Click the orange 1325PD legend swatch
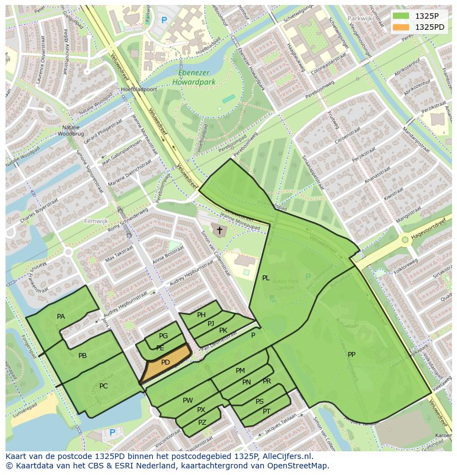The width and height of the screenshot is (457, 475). pos(401,27)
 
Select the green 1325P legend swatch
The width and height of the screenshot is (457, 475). pos(401,16)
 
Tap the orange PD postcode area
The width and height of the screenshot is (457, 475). pos(165,362)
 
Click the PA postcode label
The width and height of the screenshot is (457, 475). pos(61,317)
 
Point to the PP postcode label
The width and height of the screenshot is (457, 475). pos(352,355)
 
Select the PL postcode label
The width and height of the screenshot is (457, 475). pos(265,278)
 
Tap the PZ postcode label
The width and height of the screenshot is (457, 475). pos(202,423)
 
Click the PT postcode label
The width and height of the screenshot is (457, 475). pos(267,412)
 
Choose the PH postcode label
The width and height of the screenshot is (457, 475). pos(201,315)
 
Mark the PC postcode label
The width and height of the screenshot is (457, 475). pos(103,386)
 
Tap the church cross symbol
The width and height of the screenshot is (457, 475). pos(219,230)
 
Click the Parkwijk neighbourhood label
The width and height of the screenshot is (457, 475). pos(360,18)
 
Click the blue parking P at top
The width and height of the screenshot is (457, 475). pos(164,20)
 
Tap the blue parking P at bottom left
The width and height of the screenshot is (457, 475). pos(113,433)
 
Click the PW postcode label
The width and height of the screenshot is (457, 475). pos(188,401)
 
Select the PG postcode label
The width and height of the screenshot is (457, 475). pos(163,336)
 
